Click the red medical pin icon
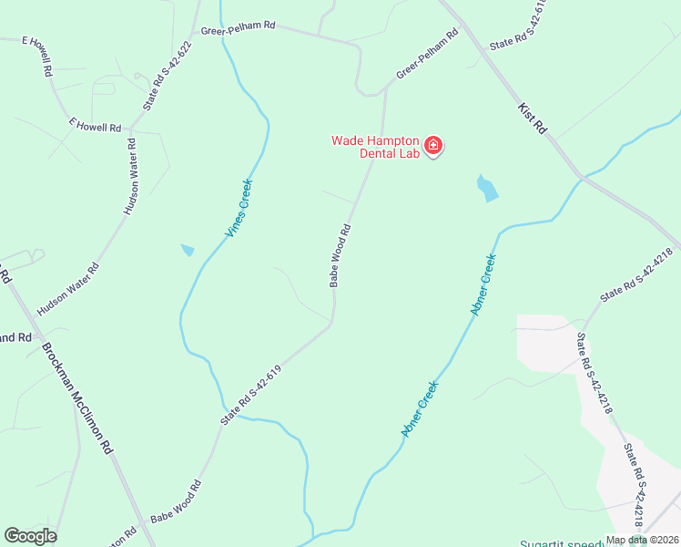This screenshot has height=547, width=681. coord(433,145)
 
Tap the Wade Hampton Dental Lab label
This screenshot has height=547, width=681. coord(375,147)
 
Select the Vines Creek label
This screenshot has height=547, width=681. coord(239,209)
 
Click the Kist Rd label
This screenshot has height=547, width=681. coord(532,119)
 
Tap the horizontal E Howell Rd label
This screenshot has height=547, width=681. coord(95,125)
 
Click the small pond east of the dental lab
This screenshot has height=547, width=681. coord(487,188)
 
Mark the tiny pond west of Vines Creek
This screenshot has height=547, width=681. coord(188,250)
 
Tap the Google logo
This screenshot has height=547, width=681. coord(31,536)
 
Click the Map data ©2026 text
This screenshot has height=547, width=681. coord(641,540)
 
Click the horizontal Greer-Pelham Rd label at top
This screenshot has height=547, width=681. coord(239,27)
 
